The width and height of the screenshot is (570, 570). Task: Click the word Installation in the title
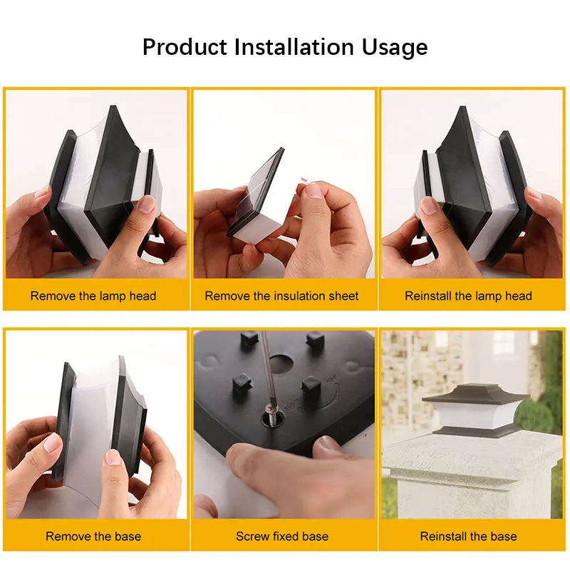[x=294, y=47]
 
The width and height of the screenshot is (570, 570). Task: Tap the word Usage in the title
[x=395, y=48]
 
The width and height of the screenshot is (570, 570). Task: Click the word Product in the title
[x=185, y=47]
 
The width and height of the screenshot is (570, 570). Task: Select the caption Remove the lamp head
[x=93, y=296]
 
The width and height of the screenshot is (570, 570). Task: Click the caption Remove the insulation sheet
[x=281, y=296]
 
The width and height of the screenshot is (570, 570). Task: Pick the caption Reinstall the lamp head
[x=469, y=296]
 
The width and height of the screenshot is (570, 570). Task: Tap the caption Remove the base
[x=93, y=537]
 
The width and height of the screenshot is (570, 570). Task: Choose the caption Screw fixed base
[x=282, y=537]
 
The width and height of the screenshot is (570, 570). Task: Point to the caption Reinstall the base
[x=469, y=537]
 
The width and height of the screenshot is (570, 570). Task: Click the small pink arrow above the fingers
[x=304, y=180]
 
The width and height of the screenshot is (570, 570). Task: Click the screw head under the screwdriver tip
[x=271, y=409]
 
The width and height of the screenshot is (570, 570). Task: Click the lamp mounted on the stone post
[x=475, y=412]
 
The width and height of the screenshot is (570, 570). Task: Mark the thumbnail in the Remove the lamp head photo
[x=147, y=205]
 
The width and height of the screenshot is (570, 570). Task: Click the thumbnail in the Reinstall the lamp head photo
[x=429, y=205]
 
